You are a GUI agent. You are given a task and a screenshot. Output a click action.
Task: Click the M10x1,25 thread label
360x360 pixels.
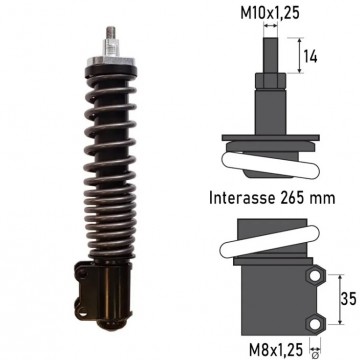(270, 14)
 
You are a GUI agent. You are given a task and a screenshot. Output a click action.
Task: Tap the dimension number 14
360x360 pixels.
(310, 56)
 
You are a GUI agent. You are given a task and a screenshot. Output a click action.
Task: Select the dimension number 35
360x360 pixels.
(348, 299)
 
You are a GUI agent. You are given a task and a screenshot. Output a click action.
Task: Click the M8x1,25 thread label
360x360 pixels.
(276, 350)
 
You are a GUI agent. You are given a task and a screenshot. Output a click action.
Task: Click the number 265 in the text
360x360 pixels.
(292, 198)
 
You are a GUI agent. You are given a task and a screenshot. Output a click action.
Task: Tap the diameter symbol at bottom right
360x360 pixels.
(315, 353)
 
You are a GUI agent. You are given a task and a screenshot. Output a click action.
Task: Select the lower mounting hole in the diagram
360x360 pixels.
(314, 324)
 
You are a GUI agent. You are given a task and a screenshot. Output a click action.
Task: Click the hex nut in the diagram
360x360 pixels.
(270, 81)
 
